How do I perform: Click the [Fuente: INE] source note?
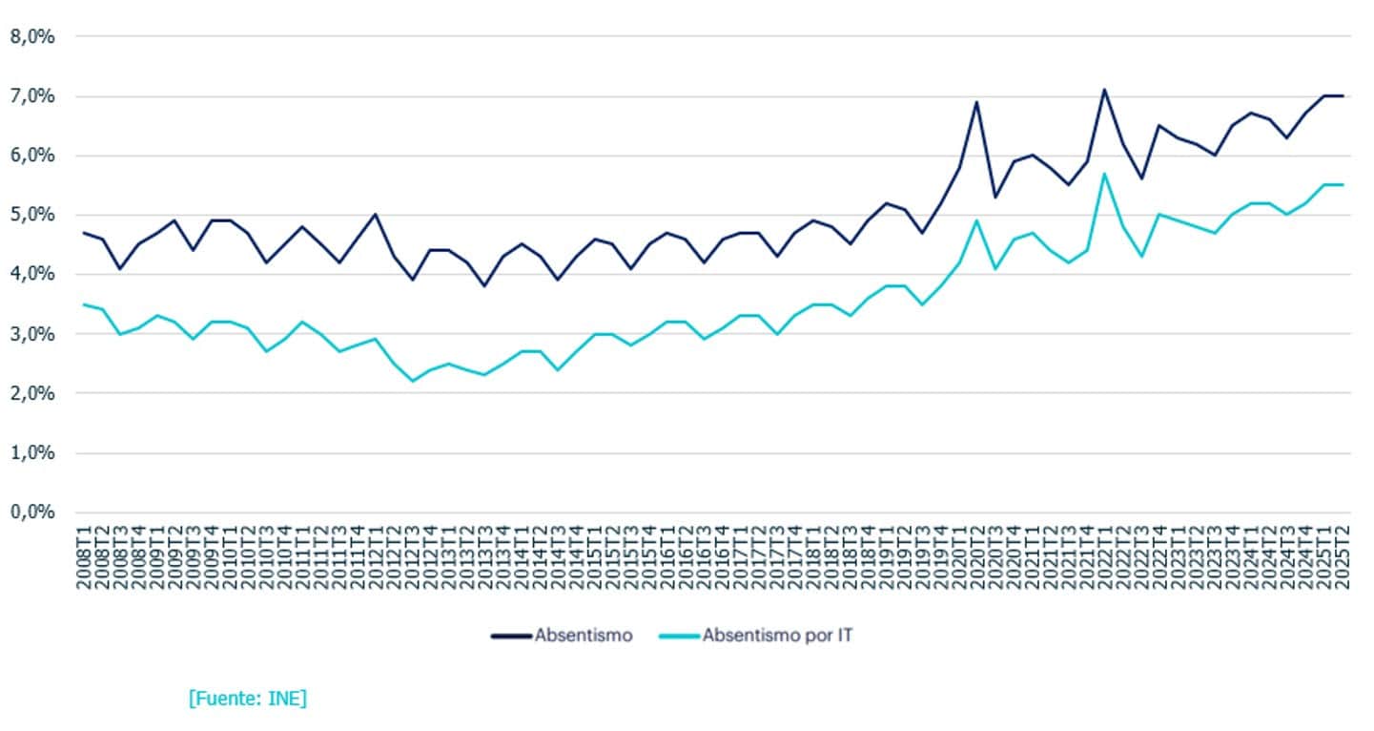(x=248, y=699)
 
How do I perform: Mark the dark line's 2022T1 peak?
(x=1104, y=90)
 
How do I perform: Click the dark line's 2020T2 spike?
(x=976, y=102)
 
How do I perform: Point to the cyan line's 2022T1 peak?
(x=1104, y=174)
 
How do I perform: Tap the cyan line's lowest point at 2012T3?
(x=412, y=381)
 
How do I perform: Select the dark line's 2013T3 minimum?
(x=484, y=285)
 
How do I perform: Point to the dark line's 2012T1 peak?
(x=376, y=215)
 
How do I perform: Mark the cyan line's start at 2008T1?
(x=85, y=304)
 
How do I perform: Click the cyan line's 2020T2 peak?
(x=976, y=220)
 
